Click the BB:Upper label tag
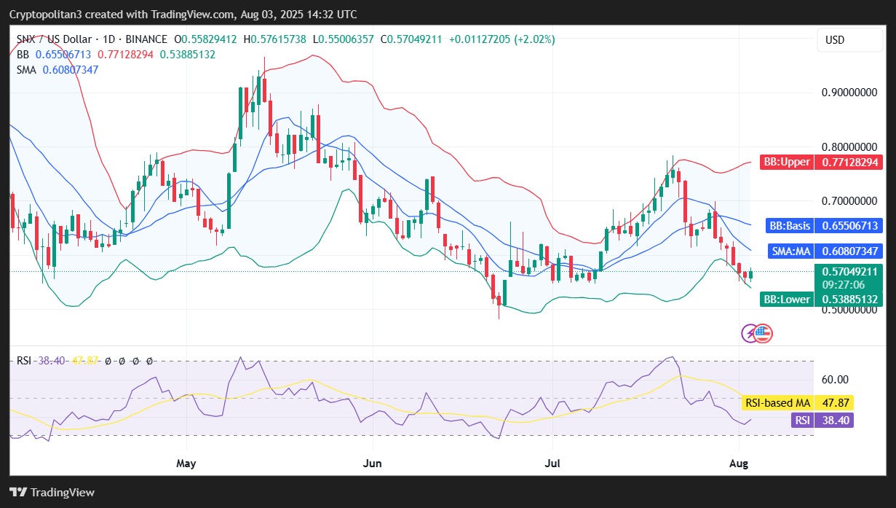point(785,162)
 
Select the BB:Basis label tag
point(788,226)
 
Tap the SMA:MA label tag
point(790,251)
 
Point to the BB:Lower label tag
point(786,300)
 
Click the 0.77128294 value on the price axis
point(849,162)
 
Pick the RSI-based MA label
point(777,402)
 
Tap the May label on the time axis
point(187,463)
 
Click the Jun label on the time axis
point(373,463)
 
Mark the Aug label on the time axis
point(740,463)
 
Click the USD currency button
point(834,40)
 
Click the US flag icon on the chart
point(763,334)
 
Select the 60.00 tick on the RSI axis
point(834,379)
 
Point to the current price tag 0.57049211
point(849,271)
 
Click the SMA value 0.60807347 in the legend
point(71,70)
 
